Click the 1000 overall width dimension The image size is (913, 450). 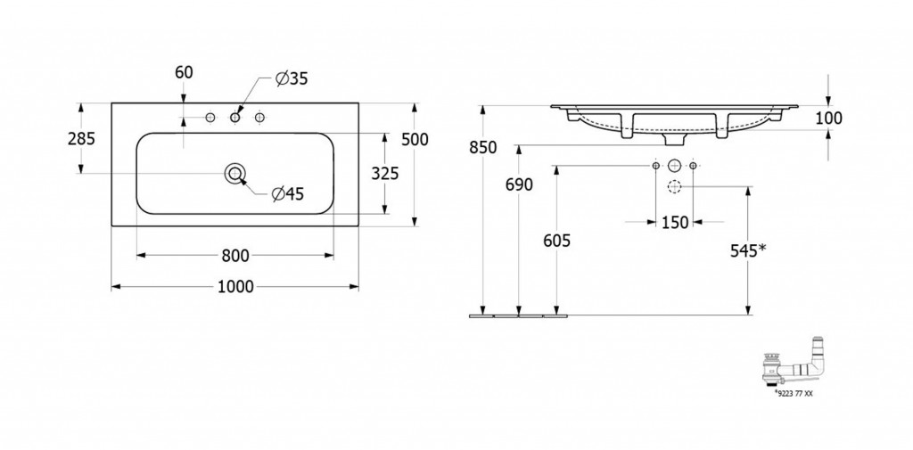coord(235,286)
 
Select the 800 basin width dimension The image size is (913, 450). coord(235,255)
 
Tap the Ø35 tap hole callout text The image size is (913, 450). coord(292,78)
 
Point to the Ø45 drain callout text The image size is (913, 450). coord(288,194)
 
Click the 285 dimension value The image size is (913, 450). coord(81,138)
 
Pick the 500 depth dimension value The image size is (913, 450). coord(415,139)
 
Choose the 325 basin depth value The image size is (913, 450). coord(385,173)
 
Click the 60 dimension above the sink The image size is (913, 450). coord(184,72)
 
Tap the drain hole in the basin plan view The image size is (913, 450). coord(235,173)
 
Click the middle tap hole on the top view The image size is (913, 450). coord(235,118)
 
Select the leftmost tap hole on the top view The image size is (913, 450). coord(210,118)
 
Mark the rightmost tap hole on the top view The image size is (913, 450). coord(259,118)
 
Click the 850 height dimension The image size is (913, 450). coord(483,148)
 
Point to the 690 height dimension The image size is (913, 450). coord(519,185)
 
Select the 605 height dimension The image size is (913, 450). coord(556,240)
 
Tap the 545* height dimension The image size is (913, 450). coord(748,250)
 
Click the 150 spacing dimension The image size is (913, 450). coord(675,222)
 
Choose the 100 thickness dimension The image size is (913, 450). coord(828,119)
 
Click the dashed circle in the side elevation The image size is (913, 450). coord(674,187)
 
